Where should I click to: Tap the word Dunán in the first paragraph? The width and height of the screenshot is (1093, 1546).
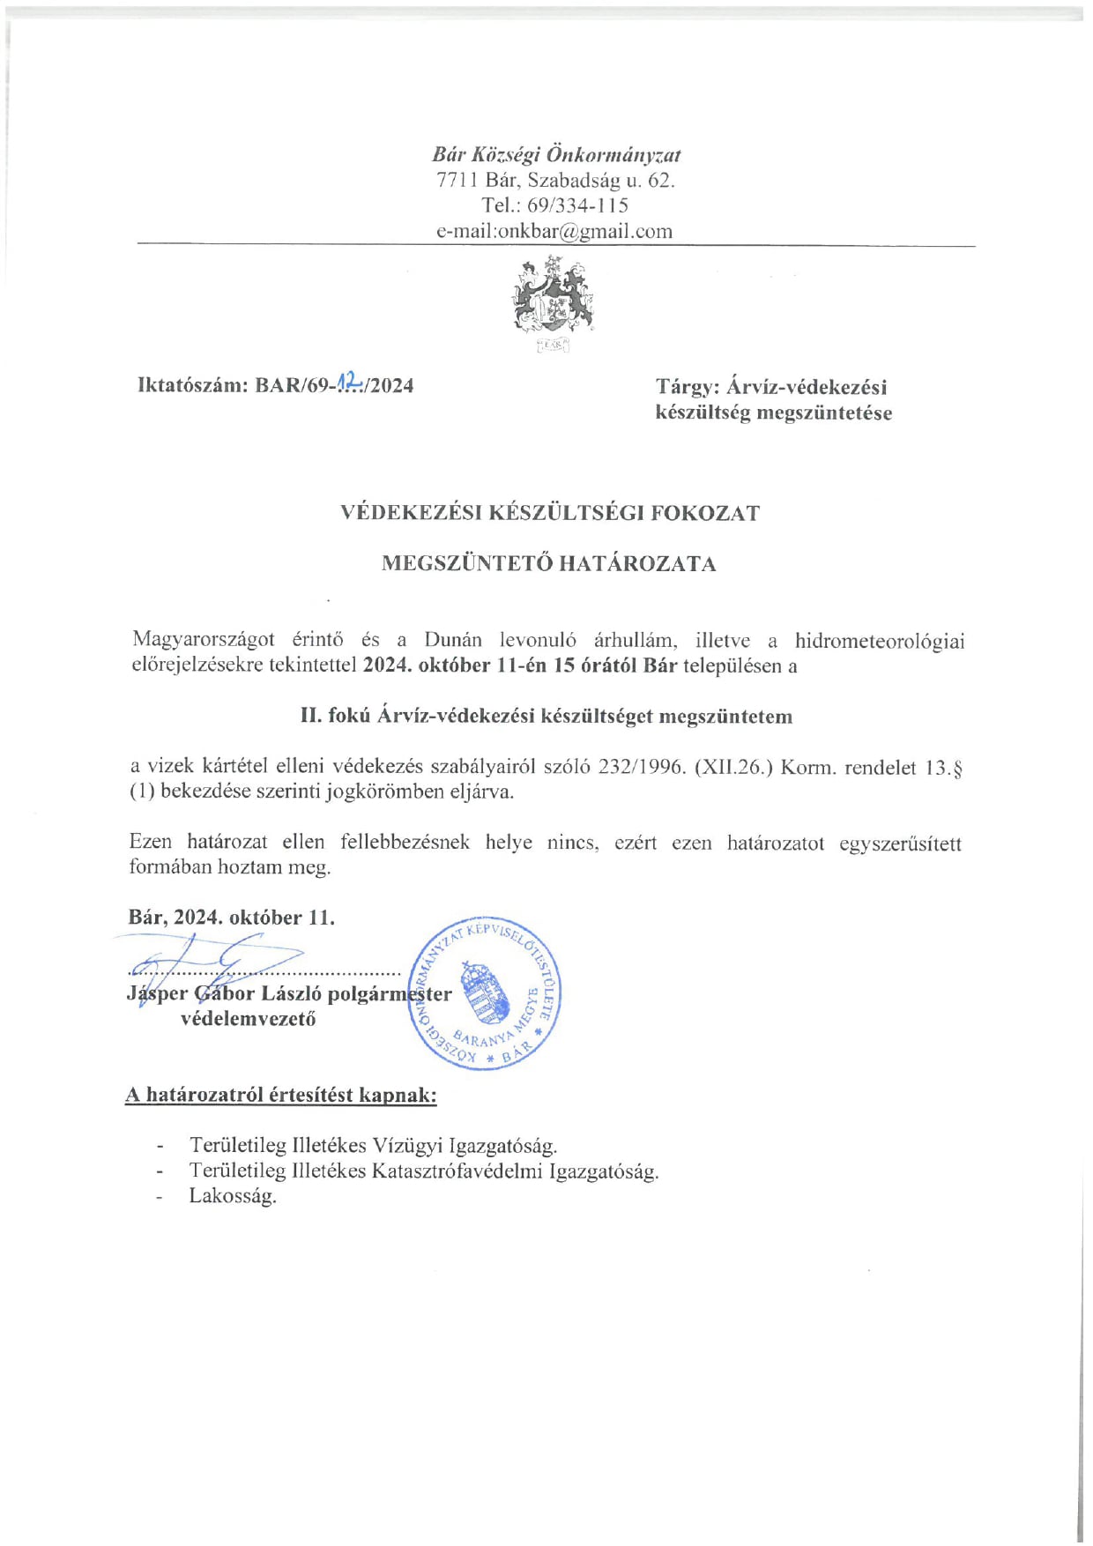click(x=452, y=640)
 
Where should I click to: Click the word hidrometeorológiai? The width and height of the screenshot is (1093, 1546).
click(x=879, y=641)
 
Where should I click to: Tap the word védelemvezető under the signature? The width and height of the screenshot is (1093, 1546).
click(x=248, y=1019)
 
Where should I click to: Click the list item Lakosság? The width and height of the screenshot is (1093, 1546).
click(x=233, y=1196)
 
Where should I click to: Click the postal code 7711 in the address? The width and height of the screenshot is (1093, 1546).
click(x=457, y=181)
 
